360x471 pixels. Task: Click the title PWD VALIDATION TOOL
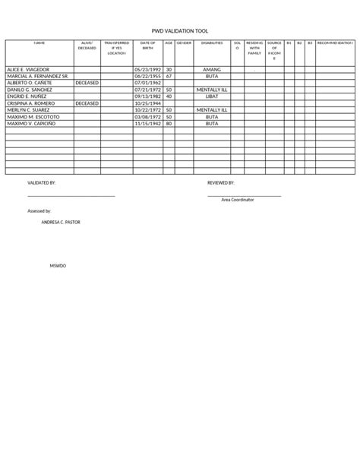(180, 31)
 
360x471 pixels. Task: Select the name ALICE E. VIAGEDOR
(29, 69)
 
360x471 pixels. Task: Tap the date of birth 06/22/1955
(147, 76)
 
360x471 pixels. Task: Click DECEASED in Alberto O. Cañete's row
(87, 83)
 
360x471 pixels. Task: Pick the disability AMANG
(212, 69)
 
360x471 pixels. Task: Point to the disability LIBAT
(212, 96)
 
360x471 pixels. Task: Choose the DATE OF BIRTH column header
(147, 46)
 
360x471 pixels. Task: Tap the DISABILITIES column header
(212, 43)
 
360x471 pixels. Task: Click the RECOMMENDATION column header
(335, 43)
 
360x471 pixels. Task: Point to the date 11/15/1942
(147, 123)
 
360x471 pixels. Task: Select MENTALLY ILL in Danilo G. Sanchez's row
(212, 90)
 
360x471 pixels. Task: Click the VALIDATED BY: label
(41, 183)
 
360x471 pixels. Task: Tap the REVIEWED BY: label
(221, 183)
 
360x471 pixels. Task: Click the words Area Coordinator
(238, 199)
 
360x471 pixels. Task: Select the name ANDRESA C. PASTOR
(60, 222)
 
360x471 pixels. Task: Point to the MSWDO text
(58, 267)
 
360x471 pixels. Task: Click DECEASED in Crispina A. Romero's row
(87, 103)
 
